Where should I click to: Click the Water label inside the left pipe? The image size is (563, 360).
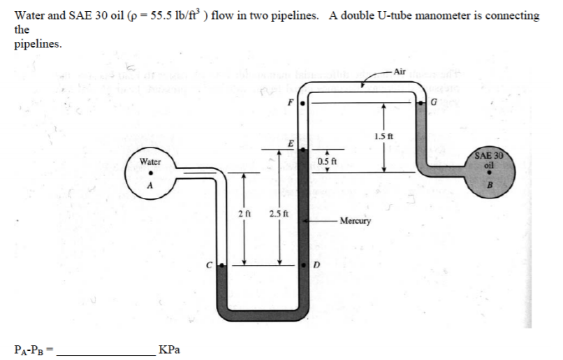(150, 161)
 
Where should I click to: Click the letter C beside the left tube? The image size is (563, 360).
(209, 264)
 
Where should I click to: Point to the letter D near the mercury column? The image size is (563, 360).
(316, 265)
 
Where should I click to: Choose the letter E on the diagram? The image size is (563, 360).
(290, 143)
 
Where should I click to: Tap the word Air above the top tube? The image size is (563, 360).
(400, 71)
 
